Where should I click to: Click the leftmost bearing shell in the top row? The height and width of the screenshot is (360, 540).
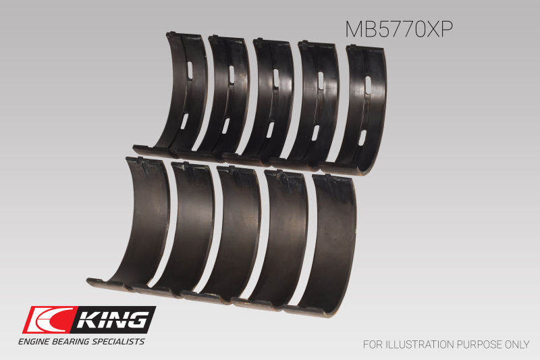[x=182, y=95]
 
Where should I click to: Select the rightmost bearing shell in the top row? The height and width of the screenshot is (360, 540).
[x=368, y=108]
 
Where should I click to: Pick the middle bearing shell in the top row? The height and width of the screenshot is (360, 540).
[x=273, y=101]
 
